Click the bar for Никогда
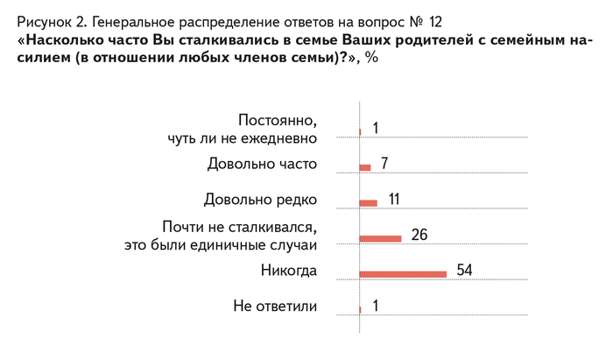(x=404, y=274)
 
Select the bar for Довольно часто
(x=365, y=167)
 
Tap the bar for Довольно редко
(x=369, y=202)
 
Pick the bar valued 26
(x=381, y=238)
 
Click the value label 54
(x=464, y=269)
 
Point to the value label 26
(x=419, y=234)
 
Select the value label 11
(x=394, y=199)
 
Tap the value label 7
(x=384, y=164)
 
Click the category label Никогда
(x=288, y=270)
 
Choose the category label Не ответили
(x=274, y=306)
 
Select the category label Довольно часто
(x=262, y=164)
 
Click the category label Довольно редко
(x=260, y=199)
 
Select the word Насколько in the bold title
(x=66, y=39)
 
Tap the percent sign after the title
(x=371, y=59)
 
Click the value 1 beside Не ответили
(x=375, y=306)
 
